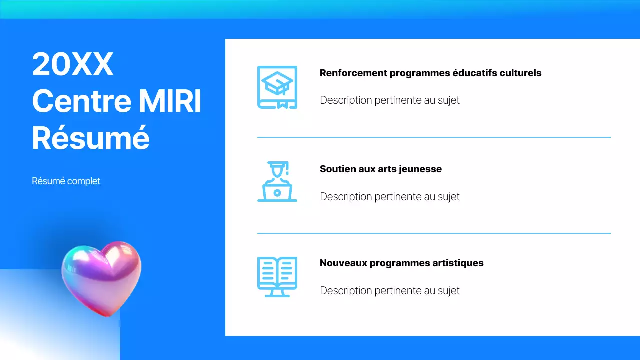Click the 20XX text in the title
pyautogui.click(x=73, y=65)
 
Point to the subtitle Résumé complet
pyautogui.click(x=66, y=181)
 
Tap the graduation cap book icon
pyautogui.click(x=277, y=87)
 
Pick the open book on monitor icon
pyautogui.click(x=277, y=277)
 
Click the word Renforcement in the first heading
pyautogui.click(x=353, y=73)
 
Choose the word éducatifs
pyautogui.click(x=473, y=73)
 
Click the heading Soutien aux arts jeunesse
pyautogui.click(x=380, y=169)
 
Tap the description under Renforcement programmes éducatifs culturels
pyautogui.click(x=389, y=100)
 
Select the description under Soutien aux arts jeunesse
pyautogui.click(x=389, y=197)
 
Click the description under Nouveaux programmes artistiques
pyautogui.click(x=389, y=291)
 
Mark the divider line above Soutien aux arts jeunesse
pyautogui.click(x=434, y=137)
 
